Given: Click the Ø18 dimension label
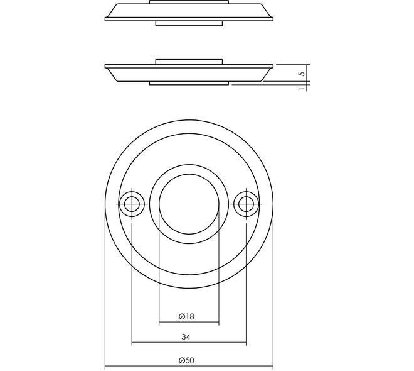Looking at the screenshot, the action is (x=186, y=316).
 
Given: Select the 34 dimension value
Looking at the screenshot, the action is (x=186, y=337).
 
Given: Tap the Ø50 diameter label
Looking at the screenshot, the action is (x=186, y=361).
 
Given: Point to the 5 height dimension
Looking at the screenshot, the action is (x=302, y=74).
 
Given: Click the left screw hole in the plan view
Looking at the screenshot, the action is (x=132, y=204).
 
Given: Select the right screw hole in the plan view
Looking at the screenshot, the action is (x=246, y=204).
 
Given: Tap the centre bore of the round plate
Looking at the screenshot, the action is (x=189, y=204).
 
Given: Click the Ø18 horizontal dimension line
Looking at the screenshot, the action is (x=189, y=323).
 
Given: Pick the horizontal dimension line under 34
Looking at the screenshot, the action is (x=189, y=343).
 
